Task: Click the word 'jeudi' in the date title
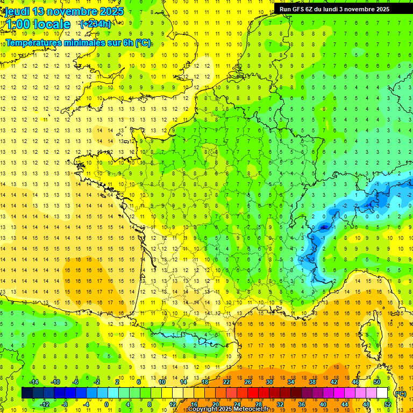(x=16, y=11)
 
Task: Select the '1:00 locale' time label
(x=38, y=24)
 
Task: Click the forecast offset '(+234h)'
(x=96, y=24)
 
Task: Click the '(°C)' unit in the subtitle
(x=143, y=42)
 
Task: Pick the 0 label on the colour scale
(x=106, y=404)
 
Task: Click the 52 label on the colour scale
(x=388, y=404)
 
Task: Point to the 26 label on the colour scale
(x=248, y=382)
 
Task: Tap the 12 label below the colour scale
(x=173, y=404)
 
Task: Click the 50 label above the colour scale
(x=376, y=382)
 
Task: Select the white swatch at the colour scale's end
(x=382, y=393)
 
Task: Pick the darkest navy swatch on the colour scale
(x=27, y=393)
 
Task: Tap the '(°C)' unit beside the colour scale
(x=400, y=393)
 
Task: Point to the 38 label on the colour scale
(x=312, y=382)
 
